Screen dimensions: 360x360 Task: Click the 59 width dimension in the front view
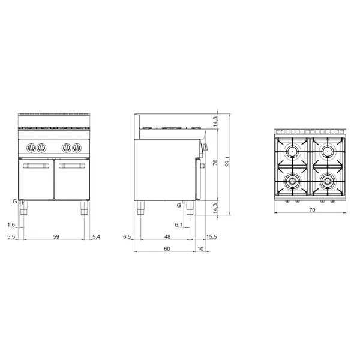(x=56, y=238)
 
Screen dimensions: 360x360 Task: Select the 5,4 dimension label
(x=96, y=238)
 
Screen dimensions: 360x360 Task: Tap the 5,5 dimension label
(x=11, y=238)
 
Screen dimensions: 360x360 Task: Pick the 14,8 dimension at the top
(x=215, y=120)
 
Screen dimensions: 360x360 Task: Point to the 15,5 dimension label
(x=212, y=238)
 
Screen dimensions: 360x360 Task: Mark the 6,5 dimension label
(x=127, y=238)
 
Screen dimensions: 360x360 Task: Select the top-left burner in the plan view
(x=293, y=151)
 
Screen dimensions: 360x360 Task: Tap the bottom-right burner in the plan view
(x=327, y=180)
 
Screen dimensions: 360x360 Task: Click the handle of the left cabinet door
(x=37, y=166)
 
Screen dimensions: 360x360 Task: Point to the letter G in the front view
(x=15, y=202)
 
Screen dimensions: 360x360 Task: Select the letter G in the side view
(x=179, y=206)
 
